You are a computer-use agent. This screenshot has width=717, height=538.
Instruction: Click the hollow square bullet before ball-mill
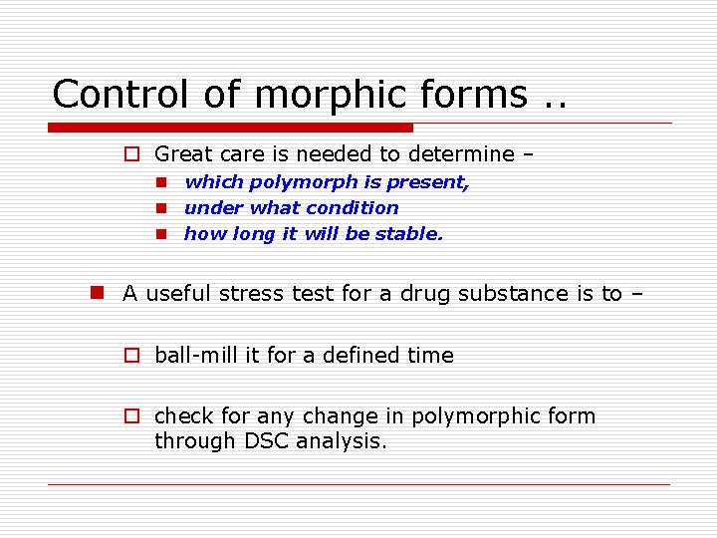129,356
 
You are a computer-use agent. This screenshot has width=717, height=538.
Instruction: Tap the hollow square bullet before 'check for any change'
129,416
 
